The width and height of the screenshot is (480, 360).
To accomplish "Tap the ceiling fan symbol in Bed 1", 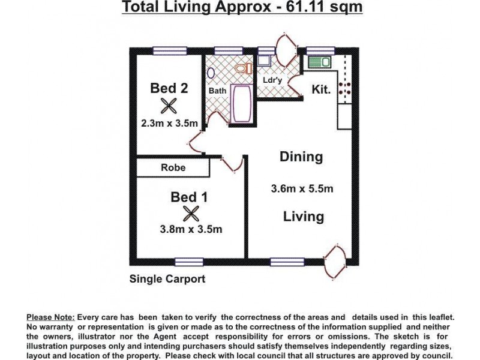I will (x=191, y=214).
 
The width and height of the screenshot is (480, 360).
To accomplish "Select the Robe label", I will (x=173, y=168).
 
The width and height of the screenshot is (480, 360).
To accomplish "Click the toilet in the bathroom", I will (x=244, y=69).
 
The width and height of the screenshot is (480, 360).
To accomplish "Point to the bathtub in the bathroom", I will (x=242, y=103).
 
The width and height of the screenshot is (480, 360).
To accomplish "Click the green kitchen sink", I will (x=318, y=61).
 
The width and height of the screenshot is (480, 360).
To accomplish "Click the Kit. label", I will (x=322, y=89).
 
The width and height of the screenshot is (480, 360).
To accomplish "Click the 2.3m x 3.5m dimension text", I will (x=169, y=124).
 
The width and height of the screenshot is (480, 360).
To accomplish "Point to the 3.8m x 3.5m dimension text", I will (x=191, y=229).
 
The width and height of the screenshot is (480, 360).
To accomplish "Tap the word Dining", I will (x=301, y=157).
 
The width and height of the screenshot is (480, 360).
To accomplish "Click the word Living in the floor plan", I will (x=303, y=217).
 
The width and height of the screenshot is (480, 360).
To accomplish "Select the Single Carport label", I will (x=167, y=279).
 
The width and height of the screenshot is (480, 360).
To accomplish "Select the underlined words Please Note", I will (x=51, y=316).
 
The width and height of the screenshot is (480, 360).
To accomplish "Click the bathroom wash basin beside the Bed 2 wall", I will (x=211, y=73).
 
